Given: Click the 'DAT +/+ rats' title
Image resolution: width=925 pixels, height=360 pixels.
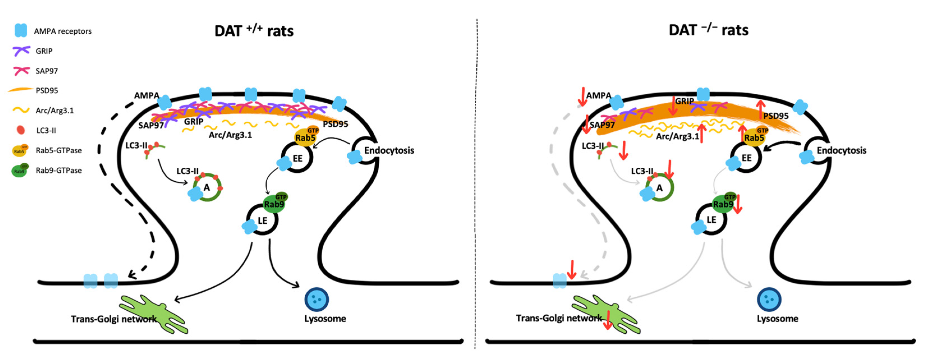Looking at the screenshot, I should (x=253, y=31).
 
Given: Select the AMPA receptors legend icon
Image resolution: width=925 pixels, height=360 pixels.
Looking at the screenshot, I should (x=20, y=31).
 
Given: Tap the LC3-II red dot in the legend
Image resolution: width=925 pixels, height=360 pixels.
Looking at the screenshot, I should (x=21, y=130).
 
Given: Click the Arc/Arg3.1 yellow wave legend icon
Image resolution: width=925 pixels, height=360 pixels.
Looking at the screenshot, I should (x=21, y=110).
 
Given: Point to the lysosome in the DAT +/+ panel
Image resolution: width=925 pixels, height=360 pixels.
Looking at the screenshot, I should (x=316, y=299).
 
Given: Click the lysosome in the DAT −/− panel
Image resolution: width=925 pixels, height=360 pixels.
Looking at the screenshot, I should (x=769, y=299).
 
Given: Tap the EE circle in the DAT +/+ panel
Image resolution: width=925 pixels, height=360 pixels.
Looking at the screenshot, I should (x=297, y=158).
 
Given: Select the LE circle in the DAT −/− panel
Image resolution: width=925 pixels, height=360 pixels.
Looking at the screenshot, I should (x=711, y=220).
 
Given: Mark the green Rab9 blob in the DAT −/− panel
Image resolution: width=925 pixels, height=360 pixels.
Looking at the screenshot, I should (x=723, y=203).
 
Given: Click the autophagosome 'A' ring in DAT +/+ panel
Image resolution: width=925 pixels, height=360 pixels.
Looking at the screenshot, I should (x=207, y=187).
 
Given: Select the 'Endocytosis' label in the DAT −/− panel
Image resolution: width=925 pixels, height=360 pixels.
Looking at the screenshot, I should (x=841, y=150).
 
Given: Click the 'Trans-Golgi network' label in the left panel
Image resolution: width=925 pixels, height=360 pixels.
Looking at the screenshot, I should (x=114, y=319).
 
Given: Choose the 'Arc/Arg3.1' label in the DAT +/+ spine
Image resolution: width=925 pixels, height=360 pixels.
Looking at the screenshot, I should (x=230, y=135).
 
